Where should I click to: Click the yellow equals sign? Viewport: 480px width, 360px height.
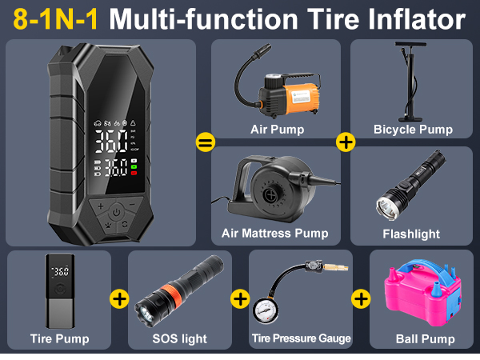pos(205,142)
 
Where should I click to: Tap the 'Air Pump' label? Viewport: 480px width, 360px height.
pos(277,129)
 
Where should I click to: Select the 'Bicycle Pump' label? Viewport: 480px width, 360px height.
pos(413,129)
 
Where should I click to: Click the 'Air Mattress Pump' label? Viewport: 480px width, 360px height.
pos(274,234)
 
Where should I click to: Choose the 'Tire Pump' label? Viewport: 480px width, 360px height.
pos(59,338)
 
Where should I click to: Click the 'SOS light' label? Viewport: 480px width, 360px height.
pos(179,338)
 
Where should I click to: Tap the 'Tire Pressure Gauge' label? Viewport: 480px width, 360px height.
pos(301,338)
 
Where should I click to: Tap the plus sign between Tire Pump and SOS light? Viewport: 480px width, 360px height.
pos(119,299)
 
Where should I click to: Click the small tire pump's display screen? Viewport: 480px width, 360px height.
pos(60,272)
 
